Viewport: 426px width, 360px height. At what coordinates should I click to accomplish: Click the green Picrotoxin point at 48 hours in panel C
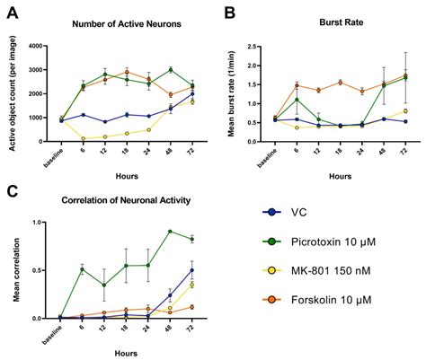pos(170,232)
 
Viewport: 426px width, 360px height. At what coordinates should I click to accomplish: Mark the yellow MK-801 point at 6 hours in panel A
pos(84,139)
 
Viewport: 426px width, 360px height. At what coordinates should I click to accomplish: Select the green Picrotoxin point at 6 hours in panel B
pos(297,100)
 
